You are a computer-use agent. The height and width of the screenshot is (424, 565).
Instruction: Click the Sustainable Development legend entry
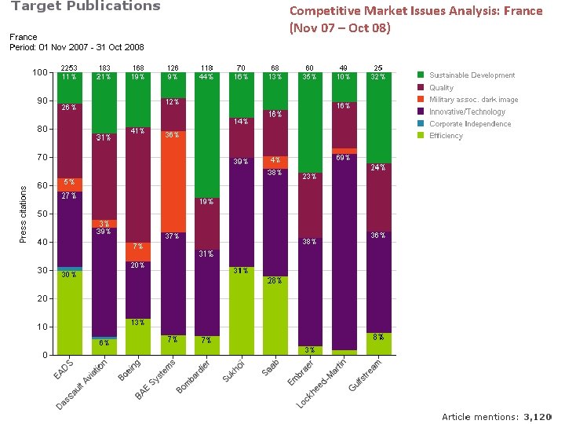click(472, 75)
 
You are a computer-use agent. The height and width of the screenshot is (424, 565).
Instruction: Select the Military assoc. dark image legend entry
click(473, 100)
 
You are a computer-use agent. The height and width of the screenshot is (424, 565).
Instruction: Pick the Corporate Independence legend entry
click(470, 124)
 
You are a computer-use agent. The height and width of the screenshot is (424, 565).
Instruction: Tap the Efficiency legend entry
click(446, 136)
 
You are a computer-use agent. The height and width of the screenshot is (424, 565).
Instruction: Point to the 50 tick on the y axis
click(41, 214)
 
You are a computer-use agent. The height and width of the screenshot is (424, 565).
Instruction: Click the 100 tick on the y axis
click(39, 73)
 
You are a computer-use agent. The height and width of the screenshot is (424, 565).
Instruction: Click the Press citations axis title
click(23, 214)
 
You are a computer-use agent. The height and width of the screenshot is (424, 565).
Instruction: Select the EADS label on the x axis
click(64, 370)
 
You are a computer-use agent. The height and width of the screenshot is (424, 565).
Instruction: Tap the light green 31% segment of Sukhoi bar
click(241, 310)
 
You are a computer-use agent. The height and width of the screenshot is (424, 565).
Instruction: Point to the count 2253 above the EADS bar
click(69, 68)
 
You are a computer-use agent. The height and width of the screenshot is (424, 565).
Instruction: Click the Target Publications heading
click(85, 7)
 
